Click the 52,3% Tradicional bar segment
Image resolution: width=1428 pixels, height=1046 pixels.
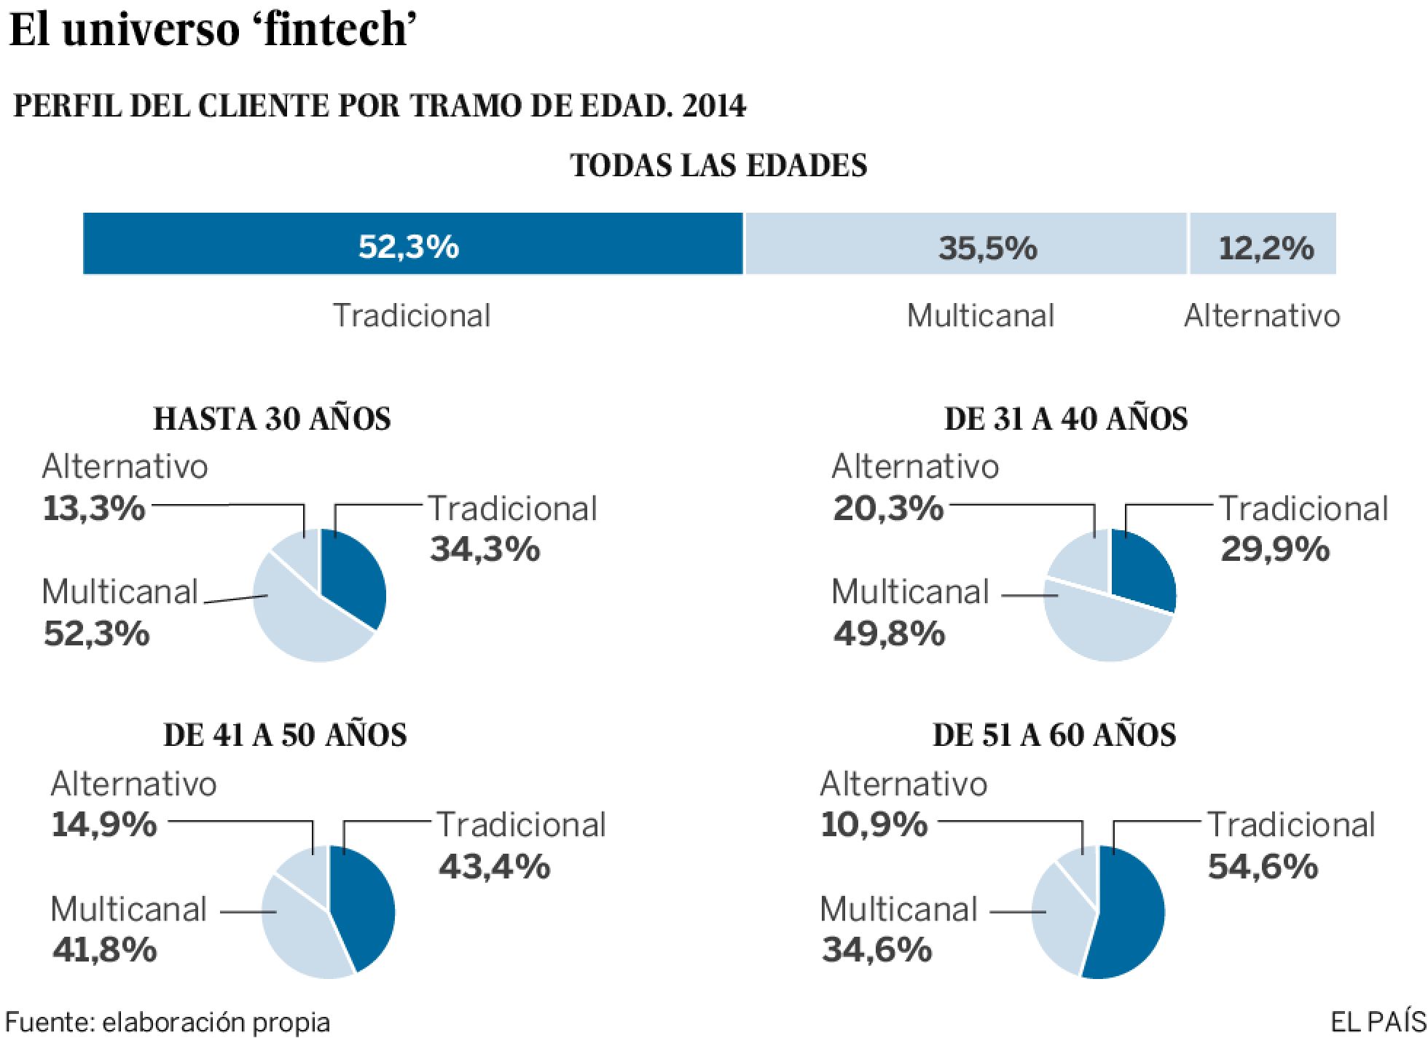tap(412, 244)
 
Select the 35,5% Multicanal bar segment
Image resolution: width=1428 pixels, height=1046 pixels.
tap(965, 244)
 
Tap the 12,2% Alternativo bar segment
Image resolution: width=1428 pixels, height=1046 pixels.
tap(1263, 244)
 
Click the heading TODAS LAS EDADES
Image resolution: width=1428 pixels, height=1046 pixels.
tap(718, 165)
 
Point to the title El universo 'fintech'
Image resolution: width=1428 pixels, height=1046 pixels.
tap(212, 31)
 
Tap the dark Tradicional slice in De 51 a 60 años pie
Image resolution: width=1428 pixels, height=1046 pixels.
tap(1129, 918)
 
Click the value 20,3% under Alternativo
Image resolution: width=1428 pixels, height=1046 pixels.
tap(888, 508)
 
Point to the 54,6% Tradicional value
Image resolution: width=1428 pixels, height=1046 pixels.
tap(1263, 866)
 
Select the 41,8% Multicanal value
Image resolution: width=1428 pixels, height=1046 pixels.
tap(104, 949)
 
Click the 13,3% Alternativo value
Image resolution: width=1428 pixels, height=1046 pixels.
tap(95, 508)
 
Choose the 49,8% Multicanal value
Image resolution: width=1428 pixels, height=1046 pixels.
tap(889, 633)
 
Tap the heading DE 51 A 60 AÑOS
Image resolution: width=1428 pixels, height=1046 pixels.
tap(1054, 735)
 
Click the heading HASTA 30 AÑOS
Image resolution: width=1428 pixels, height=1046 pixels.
tap(272, 419)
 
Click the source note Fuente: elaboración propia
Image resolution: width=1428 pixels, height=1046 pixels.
tap(168, 1021)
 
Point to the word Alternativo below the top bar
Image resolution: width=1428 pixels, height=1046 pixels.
tap(1262, 315)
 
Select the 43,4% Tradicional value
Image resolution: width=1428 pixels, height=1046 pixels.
tap(494, 866)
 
